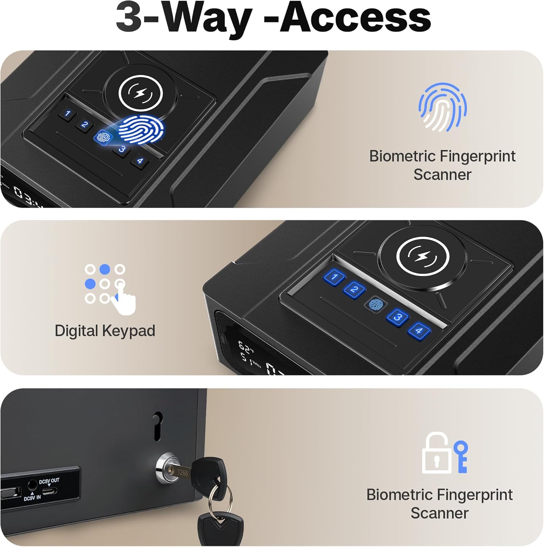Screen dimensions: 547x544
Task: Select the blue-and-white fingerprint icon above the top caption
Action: (442, 107)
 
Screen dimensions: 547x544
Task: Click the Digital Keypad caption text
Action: (105, 331)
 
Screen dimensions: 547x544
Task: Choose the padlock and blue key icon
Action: (444, 453)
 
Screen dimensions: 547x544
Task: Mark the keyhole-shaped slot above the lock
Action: (157, 426)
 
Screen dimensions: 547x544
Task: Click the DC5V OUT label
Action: (49, 481)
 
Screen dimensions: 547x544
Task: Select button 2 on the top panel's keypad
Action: (85, 124)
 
